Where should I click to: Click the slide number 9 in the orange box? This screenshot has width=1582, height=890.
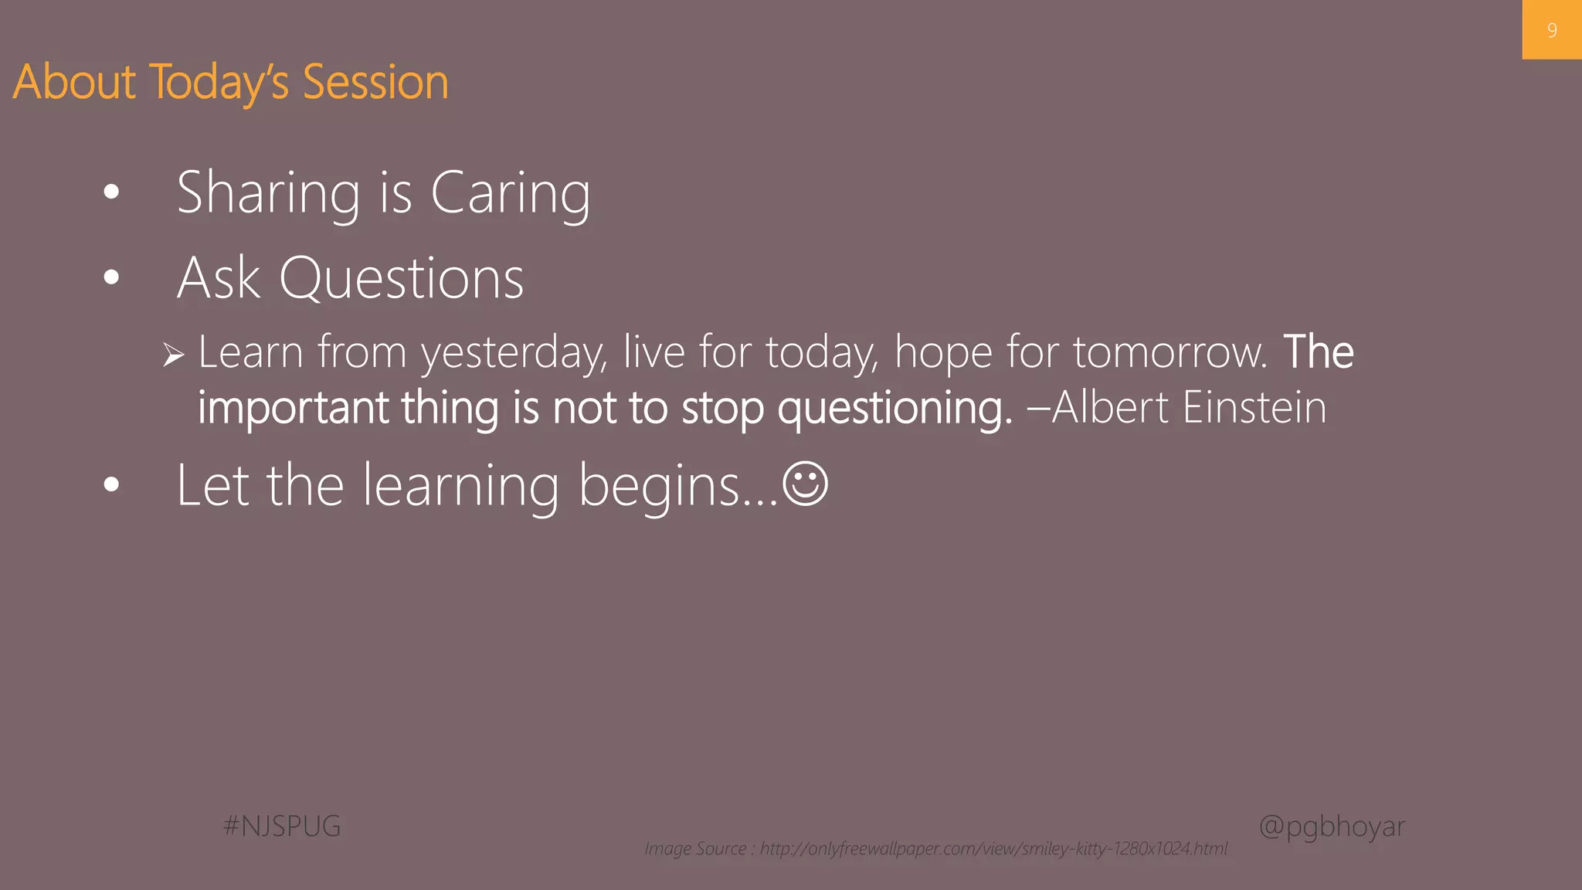point(1551,30)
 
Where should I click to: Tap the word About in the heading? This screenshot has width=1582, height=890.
point(74,82)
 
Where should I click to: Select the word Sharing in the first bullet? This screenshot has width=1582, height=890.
point(268,193)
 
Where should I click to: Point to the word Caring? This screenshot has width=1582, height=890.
point(510,193)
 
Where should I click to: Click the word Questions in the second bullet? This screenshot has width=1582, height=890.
point(401,278)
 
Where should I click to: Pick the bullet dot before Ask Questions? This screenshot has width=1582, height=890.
point(112,277)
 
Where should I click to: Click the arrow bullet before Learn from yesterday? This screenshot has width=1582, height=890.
point(174,355)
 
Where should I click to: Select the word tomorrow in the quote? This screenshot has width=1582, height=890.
point(1170,353)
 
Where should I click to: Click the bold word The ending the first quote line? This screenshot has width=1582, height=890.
point(1318,352)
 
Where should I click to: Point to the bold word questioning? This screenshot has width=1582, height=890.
point(894,408)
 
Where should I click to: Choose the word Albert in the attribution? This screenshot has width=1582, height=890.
point(1110,407)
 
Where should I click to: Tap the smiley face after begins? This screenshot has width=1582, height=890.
point(805,484)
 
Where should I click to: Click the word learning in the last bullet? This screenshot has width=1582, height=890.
point(460,487)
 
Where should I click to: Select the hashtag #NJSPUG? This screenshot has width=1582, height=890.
point(282,826)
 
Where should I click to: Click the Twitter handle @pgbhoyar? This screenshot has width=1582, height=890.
point(1332,826)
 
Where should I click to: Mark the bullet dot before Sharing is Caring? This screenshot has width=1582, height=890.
point(112,192)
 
